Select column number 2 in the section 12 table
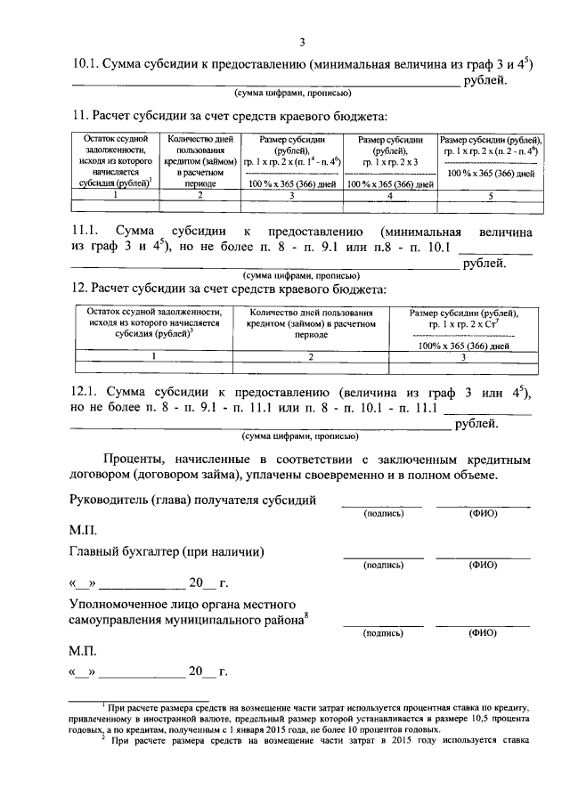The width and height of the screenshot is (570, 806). coord(311,356)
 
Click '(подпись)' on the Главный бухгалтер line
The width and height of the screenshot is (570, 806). coord(382,566)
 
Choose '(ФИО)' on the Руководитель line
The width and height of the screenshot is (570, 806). coord(482,515)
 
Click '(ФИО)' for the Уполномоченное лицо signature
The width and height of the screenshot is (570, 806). coord(482,634)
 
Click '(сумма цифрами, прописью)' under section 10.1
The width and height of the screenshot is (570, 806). coord(293,94)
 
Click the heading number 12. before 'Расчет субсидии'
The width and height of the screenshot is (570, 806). coord(78,289)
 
